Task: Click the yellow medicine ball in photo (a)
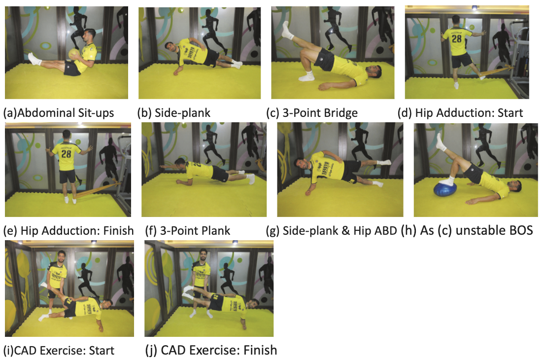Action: [x=74, y=54]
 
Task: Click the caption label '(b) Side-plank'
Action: [x=173, y=113]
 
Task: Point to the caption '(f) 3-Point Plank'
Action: [x=188, y=230]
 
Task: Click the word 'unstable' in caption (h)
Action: [x=474, y=230]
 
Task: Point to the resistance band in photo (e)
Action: [x=99, y=191]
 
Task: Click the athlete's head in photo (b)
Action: [x=170, y=47]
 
